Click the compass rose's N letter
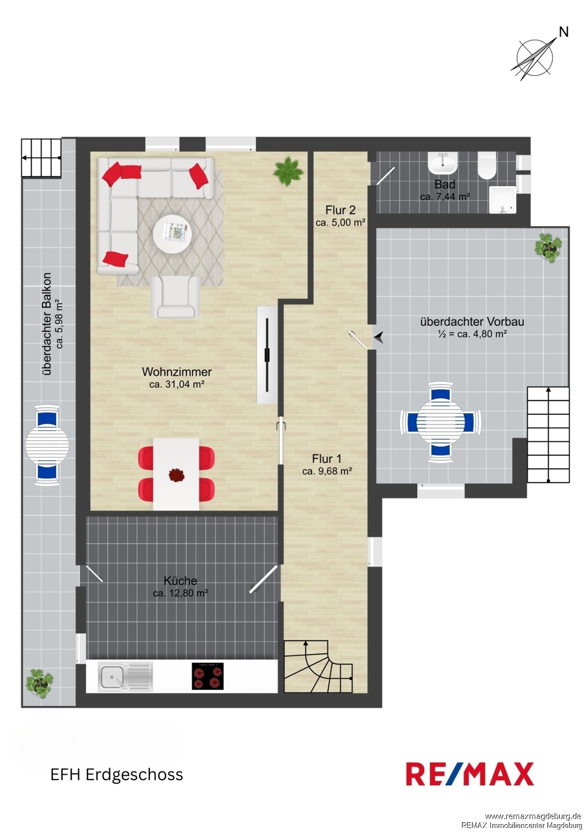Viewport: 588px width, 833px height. click(x=564, y=32)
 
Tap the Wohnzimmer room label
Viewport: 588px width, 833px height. click(x=177, y=372)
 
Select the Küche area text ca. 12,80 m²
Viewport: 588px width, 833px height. click(x=180, y=593)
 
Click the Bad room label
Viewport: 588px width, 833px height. click(x=444, y=184)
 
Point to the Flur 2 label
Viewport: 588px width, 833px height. click(x=340, y=210)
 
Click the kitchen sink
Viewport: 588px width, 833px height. click(x=125, y=676)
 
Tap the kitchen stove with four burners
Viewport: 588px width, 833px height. click(x=208, y=676)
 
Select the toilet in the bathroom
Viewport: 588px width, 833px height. click(x=487, y=165)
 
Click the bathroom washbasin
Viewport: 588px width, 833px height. click(x=443, y=163)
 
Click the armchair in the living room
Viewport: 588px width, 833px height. click(x=175, y=297)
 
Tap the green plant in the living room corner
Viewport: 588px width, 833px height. click(x=288, y=172)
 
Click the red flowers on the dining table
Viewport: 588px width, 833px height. click(x=176, y=475)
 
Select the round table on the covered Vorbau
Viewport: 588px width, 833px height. click(x=440, y=422)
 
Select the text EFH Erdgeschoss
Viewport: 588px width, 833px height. click(x=117, y=775)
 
